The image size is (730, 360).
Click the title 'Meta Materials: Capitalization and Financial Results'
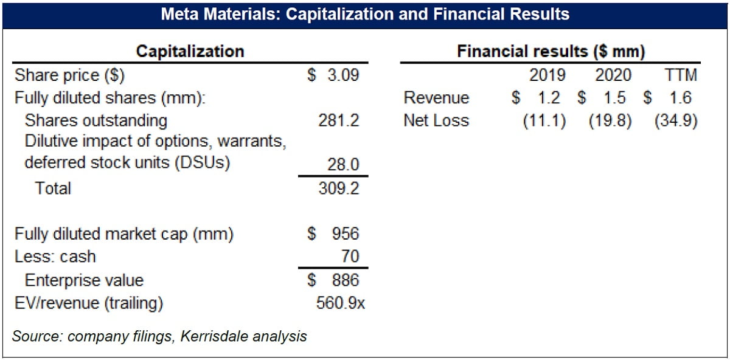point(365,14)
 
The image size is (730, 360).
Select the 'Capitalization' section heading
point(190,51)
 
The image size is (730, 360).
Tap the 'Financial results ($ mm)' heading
point(551,51)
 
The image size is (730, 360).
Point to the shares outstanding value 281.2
point(339,120)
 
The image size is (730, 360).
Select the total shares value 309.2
point(339,188)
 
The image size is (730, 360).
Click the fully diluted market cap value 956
point(346,234)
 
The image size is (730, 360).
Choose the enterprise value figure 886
point(346,280)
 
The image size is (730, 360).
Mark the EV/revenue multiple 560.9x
point(341,302)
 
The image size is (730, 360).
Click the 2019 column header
point(547,75)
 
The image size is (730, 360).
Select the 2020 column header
point(613,75)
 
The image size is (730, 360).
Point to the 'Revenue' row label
point(436,98)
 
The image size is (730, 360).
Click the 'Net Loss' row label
point(436,120)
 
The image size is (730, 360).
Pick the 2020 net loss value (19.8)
point(610,120)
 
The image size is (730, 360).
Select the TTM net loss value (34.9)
point(676,120)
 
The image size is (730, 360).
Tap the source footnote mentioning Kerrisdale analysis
point(159,336)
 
